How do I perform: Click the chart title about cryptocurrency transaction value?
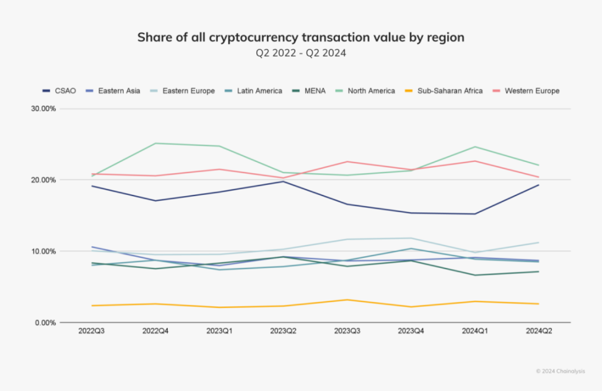pyautogui.click(x=300, y=37)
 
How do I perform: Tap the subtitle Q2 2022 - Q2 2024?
pyautogui.click(x=300, y=53)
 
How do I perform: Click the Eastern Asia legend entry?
pyautogui.click(x=118, y=91)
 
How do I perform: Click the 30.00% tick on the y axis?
pyautogui.click(x=43, y=109)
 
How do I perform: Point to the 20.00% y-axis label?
pyautogui.click(x=43, y=180)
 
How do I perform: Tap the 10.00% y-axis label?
pyautogui.click(x=43, y=251)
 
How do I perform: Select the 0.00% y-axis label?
pyautogui.click(x=45, y=323)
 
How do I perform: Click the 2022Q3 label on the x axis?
pyautogui.click(x=91, y=332)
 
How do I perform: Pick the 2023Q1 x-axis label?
pyautogui.click(x=219, y=332)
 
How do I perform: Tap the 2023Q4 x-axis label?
pyautogui.click(x=411, y=332)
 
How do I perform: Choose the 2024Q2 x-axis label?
pyautogui.click(x=538, y=332)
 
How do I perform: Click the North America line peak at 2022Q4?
pyautogui.click(x=155, y=144)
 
